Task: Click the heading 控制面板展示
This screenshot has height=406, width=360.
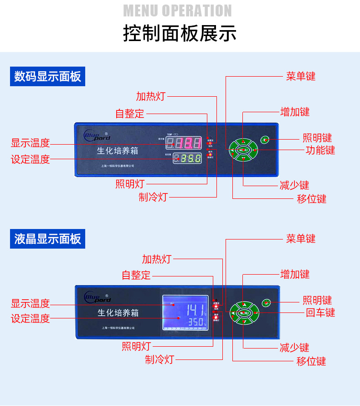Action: coord(180,34)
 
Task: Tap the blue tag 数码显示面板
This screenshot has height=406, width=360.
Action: coord(47,76)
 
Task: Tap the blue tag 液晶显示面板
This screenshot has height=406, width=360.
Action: coord(47,239)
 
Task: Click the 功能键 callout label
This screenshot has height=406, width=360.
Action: coord(320,150)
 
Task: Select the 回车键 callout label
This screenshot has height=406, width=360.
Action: coord(320,312)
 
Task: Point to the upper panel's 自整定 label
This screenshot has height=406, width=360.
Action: coord(129,113)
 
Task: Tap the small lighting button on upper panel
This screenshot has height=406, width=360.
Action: coord(265,139)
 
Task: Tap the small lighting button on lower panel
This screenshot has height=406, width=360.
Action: coord(267,302)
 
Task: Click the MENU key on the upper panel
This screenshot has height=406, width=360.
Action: coord(243,150)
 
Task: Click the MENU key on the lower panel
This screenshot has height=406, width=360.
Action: coord(244,313)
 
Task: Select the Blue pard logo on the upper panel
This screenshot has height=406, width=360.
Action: coord(97,135)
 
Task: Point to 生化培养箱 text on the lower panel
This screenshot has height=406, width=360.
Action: coord(118,313)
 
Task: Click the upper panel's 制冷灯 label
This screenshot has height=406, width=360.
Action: coord(153,197)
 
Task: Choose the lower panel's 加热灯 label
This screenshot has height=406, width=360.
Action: coord(156,259)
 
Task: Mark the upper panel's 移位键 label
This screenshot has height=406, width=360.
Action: coord(311,198)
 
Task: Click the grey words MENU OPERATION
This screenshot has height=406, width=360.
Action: coord(178,10)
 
